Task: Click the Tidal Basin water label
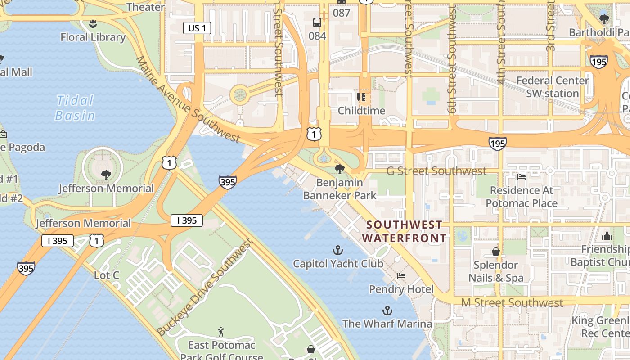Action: [x=75, y=108]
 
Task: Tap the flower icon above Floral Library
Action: [x=93, y=23]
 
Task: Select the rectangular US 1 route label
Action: [x=197, y=28]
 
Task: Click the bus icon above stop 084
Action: [x=317, y=22]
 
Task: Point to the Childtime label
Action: [x=361, y=111]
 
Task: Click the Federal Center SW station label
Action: [x=553, y=87]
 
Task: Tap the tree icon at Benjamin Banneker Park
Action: [x=340, y=169]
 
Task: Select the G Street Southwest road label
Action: [x=436, y=171]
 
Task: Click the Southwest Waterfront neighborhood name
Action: [x=405, y=231]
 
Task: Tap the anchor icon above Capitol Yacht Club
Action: [x=337, y=250]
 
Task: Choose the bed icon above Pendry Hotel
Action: [x=401, y=275]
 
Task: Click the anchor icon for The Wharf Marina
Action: [x=387, y=310]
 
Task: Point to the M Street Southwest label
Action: [x=512, y=303]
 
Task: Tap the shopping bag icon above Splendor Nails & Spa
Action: [x=496, y=252]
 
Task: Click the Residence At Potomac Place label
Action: [x=522, y=197]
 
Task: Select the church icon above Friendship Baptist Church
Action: [x=607, y=236]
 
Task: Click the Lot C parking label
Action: [x=107, y=274]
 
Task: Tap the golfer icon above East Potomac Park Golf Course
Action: [x=220, y=332]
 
